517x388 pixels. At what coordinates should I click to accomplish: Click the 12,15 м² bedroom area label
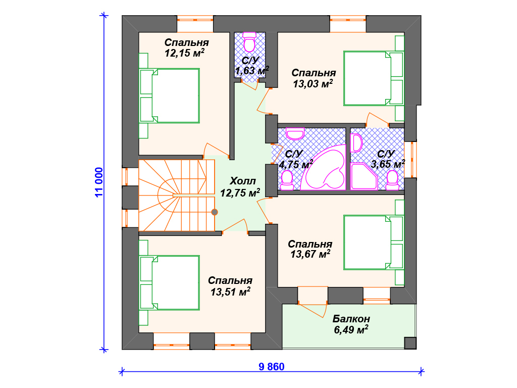point(184,53)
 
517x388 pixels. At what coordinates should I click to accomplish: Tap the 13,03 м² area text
point(313,83)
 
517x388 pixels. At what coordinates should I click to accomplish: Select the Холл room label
point(243,181)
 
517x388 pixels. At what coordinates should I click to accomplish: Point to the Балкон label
point(351,319)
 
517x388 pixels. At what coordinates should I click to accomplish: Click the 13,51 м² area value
point(230,292)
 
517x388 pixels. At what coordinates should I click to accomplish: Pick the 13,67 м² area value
point(311,254)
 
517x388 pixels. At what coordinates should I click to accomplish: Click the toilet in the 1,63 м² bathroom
point(249,42)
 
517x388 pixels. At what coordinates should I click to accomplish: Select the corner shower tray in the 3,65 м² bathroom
point(365,176)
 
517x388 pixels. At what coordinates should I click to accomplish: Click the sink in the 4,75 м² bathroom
point(295,133)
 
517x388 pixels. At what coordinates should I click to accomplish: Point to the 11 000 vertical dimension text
point(99,182)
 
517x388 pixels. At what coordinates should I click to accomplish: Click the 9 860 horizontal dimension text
point(271,367)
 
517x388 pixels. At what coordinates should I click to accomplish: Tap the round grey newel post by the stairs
point(214,212)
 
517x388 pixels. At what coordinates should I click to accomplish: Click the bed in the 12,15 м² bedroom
point(170,95)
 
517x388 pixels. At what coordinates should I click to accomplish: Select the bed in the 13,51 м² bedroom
point(170,283)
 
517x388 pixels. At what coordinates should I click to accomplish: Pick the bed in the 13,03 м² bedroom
point(374,78)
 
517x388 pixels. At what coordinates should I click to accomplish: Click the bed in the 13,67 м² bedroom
point(374,243)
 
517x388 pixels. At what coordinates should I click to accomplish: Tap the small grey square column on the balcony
point(410,343)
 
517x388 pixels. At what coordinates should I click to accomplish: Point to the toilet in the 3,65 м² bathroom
point(392,180)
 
